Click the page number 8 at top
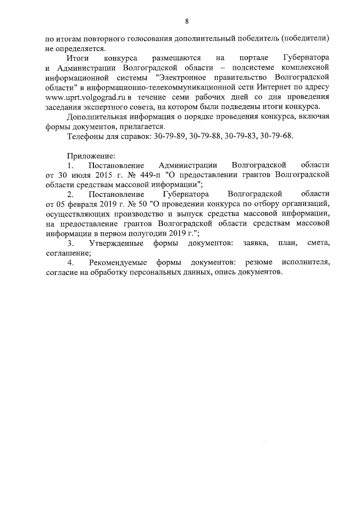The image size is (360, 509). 186,21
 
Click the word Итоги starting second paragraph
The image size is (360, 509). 76,58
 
